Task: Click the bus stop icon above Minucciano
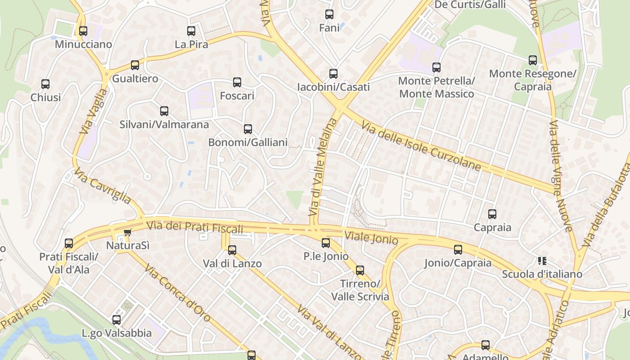point(83,31)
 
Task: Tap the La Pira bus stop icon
point(191,31)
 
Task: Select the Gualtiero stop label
point(135,79)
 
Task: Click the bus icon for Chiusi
point(45,84)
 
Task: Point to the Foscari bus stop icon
point(237,82)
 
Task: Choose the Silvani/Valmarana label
point(164,125)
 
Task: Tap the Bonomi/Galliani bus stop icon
point(248,129)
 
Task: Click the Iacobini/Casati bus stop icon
point(333,74)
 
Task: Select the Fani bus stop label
point(329,28)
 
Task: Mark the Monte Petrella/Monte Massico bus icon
point(436,67)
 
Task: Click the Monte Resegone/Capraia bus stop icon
point(533,60)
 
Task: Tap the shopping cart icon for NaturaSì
point(127,232)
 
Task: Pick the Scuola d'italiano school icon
point(542,261)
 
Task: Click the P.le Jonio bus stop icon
point(326,243)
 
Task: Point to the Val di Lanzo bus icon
point(232,250)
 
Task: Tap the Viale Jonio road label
point(371,238)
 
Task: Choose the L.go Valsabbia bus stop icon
point(117,320)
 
